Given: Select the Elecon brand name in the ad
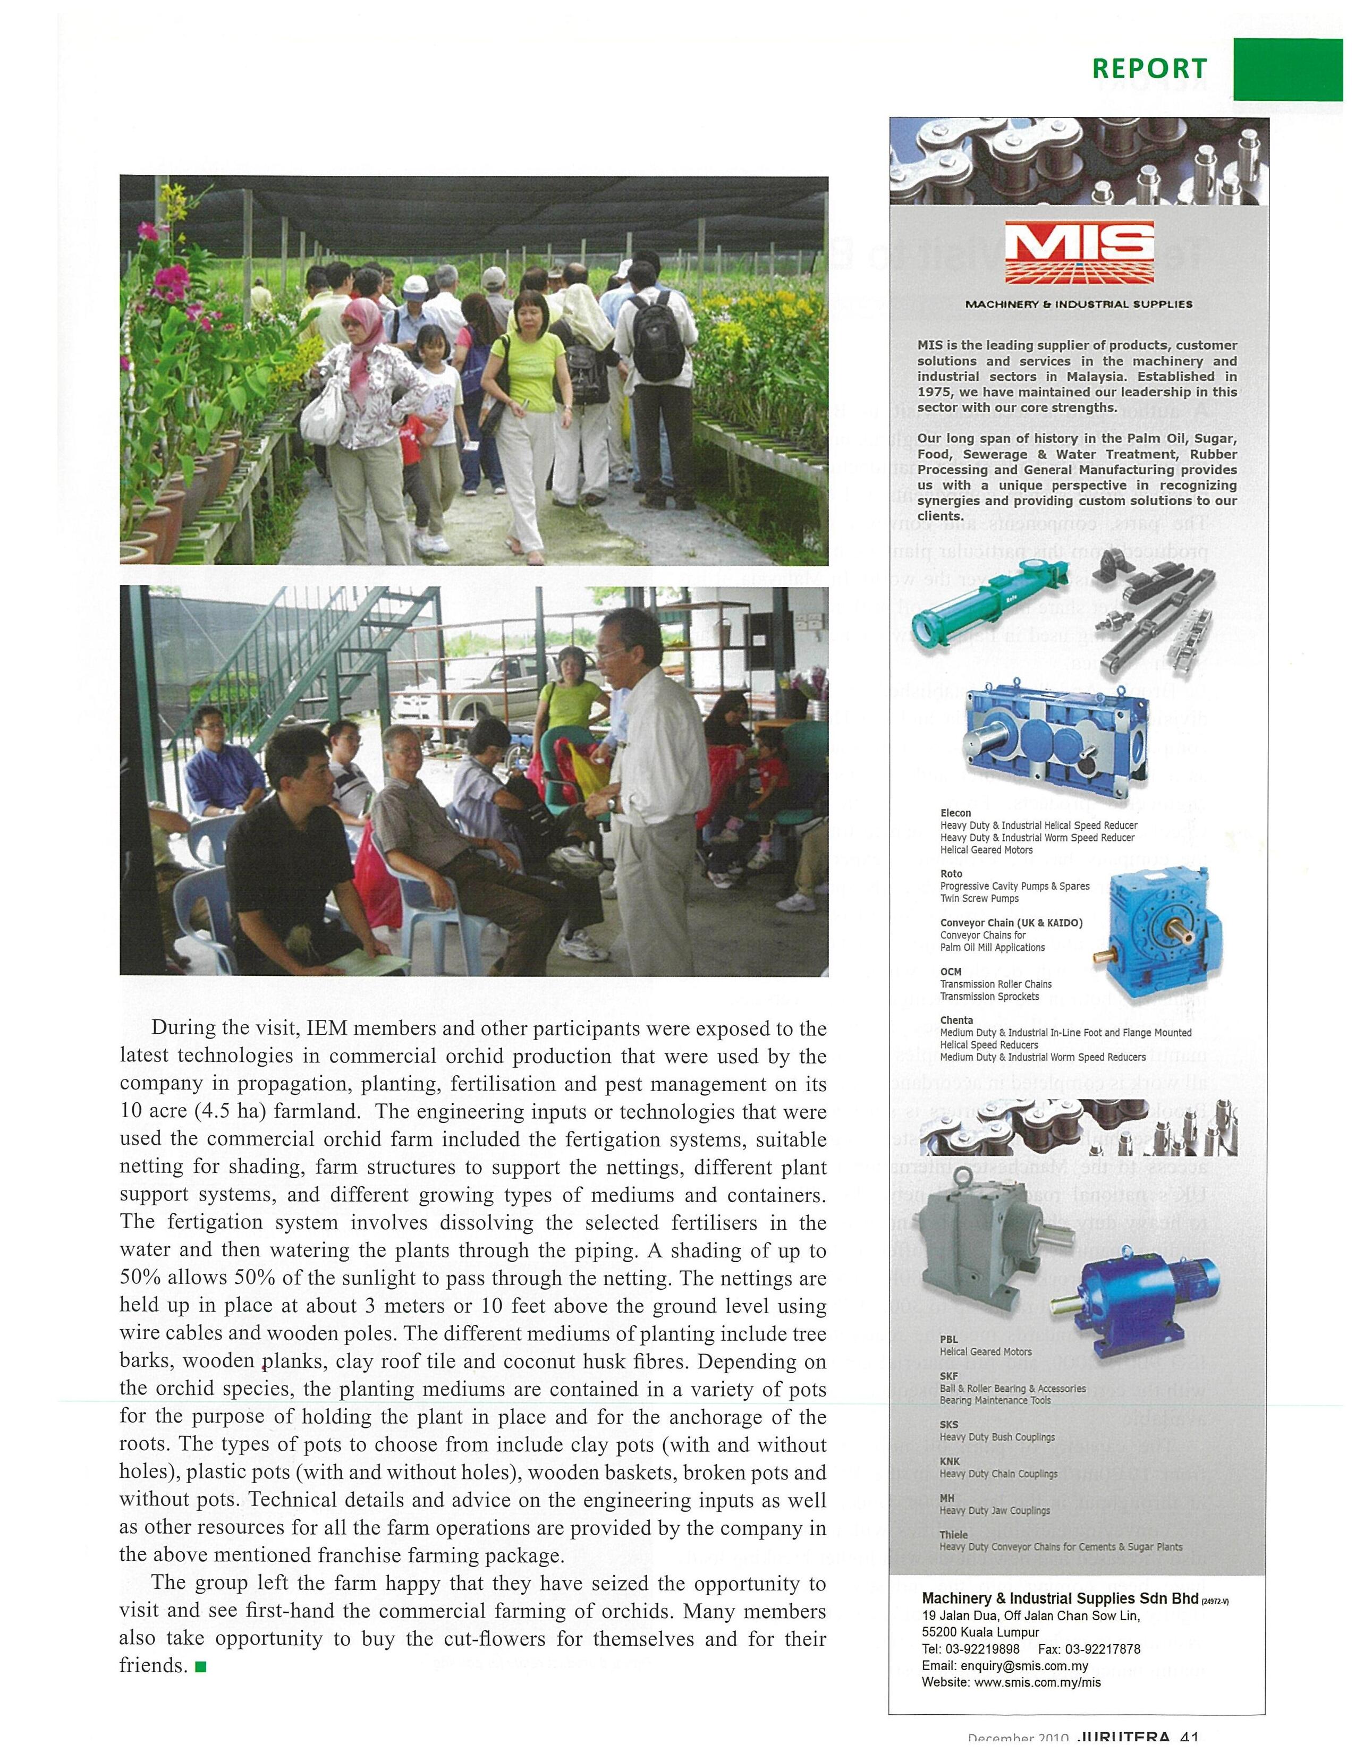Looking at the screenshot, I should coord(955,813).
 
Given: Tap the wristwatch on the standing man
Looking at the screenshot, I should coord(612,802).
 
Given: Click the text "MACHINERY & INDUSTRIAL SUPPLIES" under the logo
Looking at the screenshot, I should coord(1078,304).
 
